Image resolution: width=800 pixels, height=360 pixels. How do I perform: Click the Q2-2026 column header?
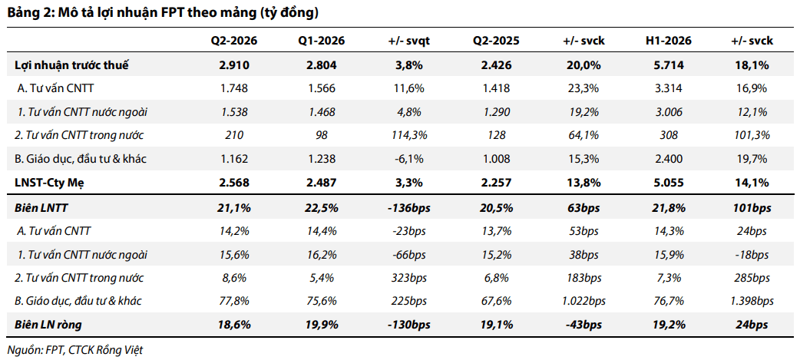[x=234, y=41]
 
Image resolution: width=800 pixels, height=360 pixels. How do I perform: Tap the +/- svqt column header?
[x=409, y=41]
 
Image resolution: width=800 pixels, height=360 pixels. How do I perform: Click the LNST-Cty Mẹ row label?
[x=49, y=183]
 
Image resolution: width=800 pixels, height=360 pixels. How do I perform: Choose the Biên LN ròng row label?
[x=48, y=324]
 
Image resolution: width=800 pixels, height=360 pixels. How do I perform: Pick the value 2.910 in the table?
[x=234, y=64]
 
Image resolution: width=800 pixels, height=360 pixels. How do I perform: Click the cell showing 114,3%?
[x=409, y=135]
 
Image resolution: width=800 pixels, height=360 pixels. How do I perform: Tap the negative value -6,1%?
[x=409, y=159]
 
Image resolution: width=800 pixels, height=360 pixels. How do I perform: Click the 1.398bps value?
[x=752, y=301]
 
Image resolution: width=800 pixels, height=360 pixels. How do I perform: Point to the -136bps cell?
[x=409, y=208]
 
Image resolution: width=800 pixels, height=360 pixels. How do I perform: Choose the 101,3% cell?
[x=752, y=135]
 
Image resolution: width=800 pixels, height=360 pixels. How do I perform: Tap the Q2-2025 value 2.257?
[x=497, y=183]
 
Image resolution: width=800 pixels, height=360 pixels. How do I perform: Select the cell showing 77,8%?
[x=234, y=301]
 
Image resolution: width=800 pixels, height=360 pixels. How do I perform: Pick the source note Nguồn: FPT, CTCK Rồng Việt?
[x=75, y=350]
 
